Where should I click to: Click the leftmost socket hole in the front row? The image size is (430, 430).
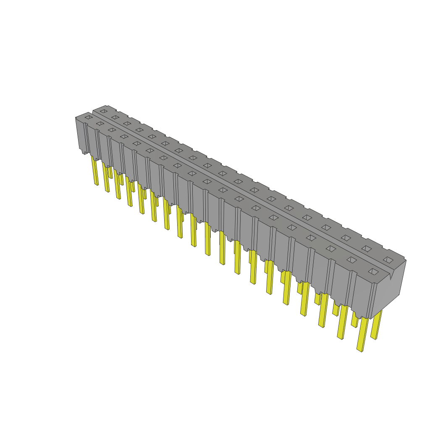coord(88,118)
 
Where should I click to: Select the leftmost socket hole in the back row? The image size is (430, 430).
coord(103,111)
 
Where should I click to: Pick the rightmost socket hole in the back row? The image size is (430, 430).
coord(388,260)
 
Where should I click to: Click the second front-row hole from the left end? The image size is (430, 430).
coord(100,123)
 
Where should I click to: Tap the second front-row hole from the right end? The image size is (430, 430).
coord(351,260)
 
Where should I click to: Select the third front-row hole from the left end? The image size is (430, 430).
coord(112,130)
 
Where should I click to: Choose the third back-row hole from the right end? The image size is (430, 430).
coord(346,238)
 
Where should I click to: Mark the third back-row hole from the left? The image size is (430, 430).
coord(127,123)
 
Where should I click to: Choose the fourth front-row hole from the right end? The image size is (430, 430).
coord(311,238)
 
